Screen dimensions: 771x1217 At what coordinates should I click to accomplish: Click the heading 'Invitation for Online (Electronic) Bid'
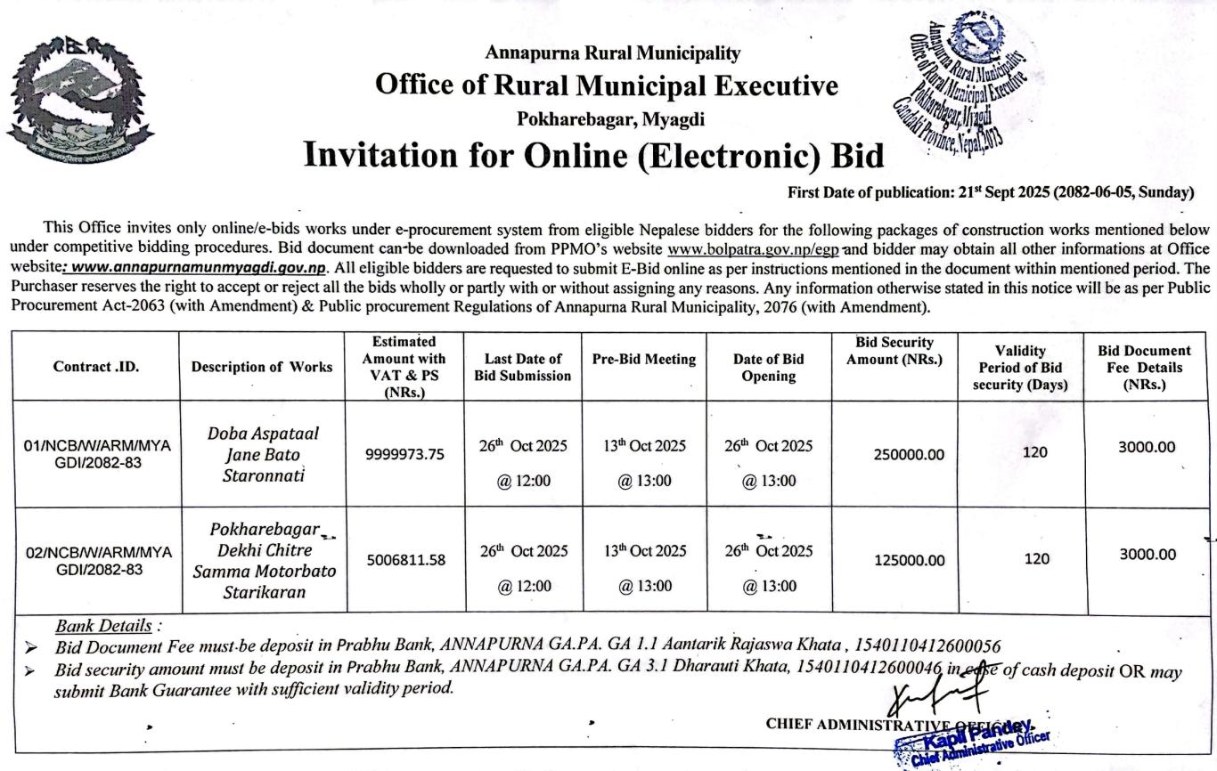click(x=594, y=155)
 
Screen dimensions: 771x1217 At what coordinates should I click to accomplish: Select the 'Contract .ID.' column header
click(x=96, y=366)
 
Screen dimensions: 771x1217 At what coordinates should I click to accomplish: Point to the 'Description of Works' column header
click(x=262, y=366)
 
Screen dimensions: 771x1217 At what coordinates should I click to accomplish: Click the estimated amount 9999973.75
click(x=405, y=454)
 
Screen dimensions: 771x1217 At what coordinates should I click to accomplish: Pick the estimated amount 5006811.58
click(x=405, y=560)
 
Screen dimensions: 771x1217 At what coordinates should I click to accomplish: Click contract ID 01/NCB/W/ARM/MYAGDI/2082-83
click(x=97, y=453)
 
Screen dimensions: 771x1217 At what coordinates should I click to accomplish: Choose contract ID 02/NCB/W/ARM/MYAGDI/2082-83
click(x=97, y=560)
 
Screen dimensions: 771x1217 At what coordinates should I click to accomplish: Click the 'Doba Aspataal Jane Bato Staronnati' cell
click(x=263, y=454)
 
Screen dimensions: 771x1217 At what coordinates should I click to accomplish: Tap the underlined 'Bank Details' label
click(x=103, y=626)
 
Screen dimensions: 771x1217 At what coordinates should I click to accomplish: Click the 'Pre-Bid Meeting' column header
click(x=644, y=359)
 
